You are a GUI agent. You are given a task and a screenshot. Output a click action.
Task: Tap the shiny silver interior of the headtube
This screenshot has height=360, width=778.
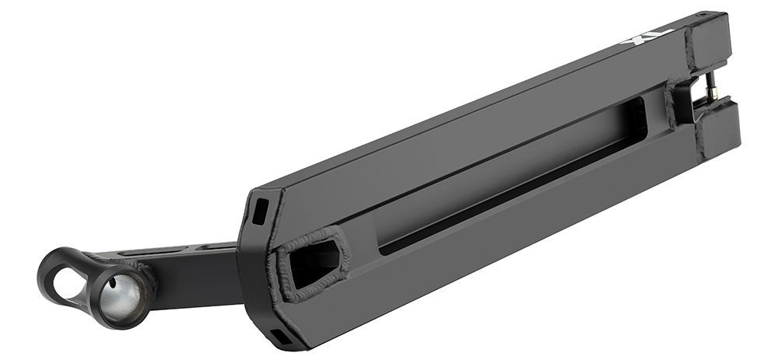(x=121, y=299)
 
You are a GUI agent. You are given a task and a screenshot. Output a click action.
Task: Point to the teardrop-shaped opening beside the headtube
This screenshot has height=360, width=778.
(x=68, y=283)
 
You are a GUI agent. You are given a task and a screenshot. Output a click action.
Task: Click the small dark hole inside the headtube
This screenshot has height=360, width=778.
(x=113, y=284)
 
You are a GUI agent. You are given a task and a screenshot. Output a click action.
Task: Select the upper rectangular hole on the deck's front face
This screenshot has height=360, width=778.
(x=261, y=211)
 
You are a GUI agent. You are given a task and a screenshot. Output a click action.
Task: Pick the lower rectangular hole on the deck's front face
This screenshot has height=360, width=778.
(x=282, y=337)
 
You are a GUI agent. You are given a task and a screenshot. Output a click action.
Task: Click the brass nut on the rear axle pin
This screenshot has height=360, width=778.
(x=713, y=93)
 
